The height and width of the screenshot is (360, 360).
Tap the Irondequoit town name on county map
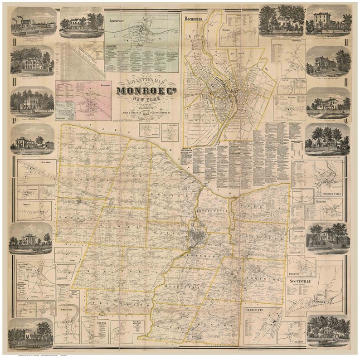[209, 211]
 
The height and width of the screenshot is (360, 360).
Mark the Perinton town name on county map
[263, 280]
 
